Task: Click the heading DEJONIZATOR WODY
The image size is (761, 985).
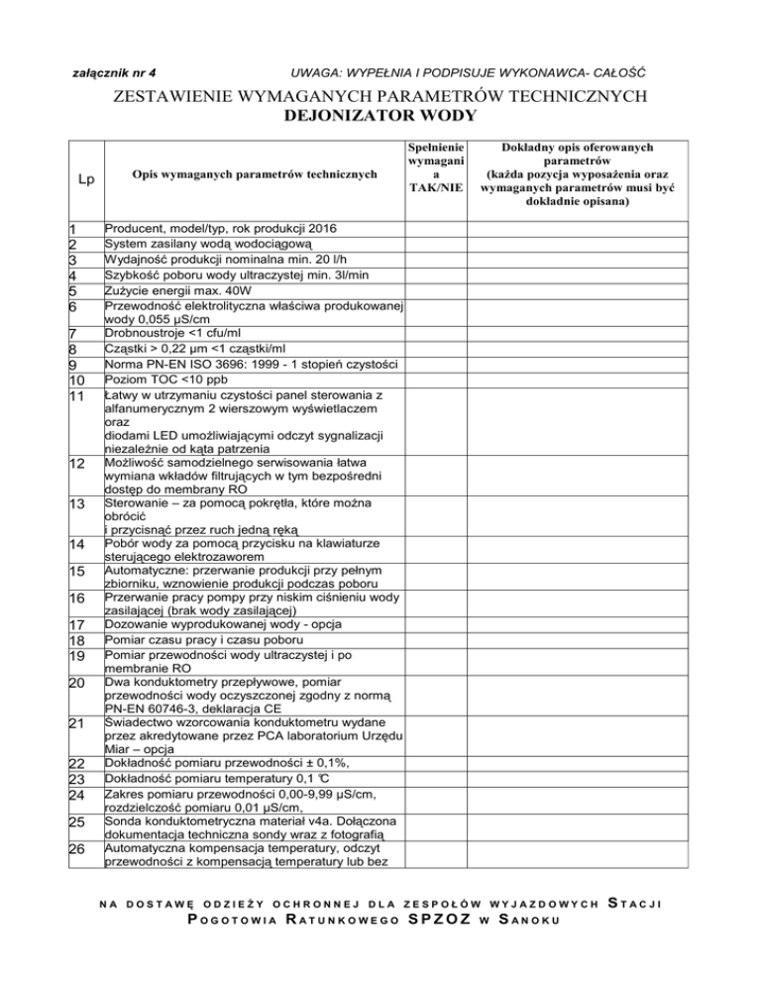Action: pos(381,115)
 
